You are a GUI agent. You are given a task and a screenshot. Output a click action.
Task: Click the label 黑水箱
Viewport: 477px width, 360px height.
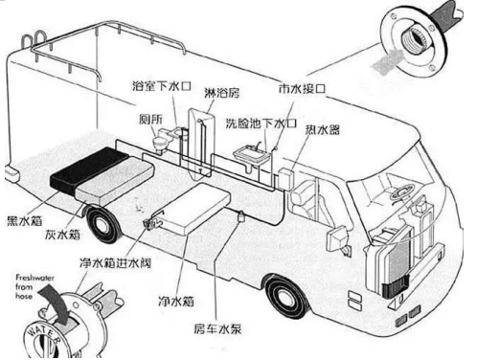(x=24, y=218)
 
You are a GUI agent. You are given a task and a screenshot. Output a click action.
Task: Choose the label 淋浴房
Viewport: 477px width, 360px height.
(x=223, y=94)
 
